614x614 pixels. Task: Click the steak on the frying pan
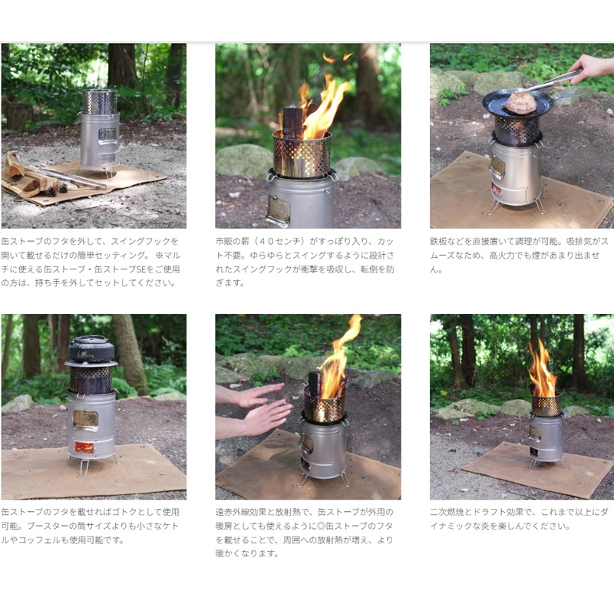(x=520, y=103)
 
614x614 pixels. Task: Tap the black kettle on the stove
(x=91, y=348)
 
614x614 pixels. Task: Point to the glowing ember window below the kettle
(x=84, y=447)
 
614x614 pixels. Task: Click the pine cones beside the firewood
(x=57, y=190)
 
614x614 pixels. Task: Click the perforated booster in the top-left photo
(x=100, y=101)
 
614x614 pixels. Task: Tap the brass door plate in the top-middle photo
(x=279, y=209)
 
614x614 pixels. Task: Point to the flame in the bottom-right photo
(x=542, y=371)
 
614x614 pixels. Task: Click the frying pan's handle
(x=566, y=95)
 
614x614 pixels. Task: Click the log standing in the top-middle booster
(x=293, y=123)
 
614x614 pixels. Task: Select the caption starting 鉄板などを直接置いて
(x=520, y=255)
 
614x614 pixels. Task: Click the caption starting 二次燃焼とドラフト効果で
(x=520, y=519)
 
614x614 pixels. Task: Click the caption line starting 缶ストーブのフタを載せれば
(x=90, y=512)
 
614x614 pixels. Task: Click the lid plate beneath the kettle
(x=91, y=364)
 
